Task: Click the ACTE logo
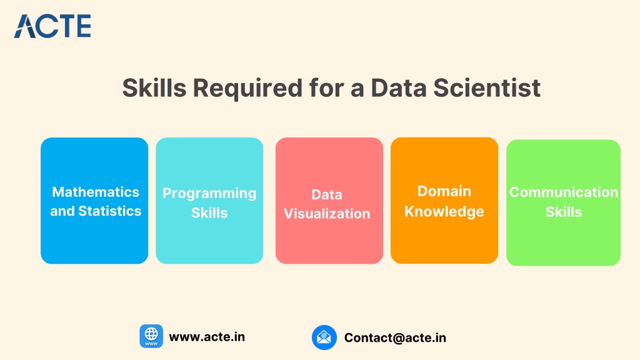coord(52,26)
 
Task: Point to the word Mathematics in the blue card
coord(96,192)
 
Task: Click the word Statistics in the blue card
coord(110,211)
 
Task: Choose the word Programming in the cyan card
coord(209,194)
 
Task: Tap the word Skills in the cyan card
coord(209,212)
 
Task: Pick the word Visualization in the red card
coord(327,214)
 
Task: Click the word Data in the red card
coord(327,195)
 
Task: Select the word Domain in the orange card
coord(444,191)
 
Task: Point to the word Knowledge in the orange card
coord(444,211)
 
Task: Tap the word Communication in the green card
coord(564,192)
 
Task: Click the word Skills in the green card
coord(564,212)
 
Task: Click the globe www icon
coord(151,336)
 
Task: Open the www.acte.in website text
coord(207,337)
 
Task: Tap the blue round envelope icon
coord(324,337)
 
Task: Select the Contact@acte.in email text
coord(395,337)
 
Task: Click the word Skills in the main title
coord(154,87)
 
